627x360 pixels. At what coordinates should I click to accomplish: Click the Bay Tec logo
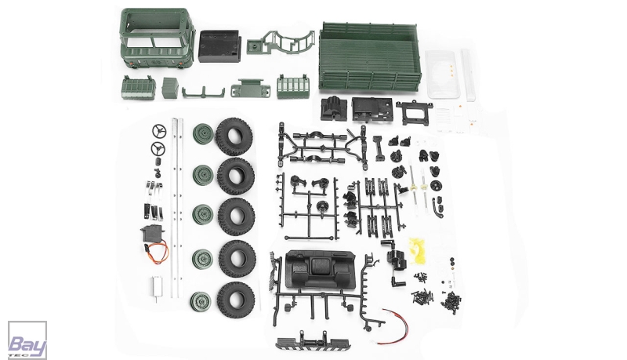coord(27,340)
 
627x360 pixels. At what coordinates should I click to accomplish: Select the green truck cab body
coord(158,42)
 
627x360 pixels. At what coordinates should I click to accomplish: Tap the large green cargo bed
coord(370,56)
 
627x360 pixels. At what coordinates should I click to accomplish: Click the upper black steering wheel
coord(159,131)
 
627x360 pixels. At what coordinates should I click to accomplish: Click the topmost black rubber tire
coord(234,136)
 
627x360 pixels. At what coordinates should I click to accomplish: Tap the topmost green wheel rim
coord(203,133)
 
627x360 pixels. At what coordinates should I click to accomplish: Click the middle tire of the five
coord(237,216)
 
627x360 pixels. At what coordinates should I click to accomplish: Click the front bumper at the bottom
coord(308,340)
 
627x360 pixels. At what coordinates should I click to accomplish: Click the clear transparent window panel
coord(440,74)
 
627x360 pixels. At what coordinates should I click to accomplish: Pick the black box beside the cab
coord(219,46)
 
